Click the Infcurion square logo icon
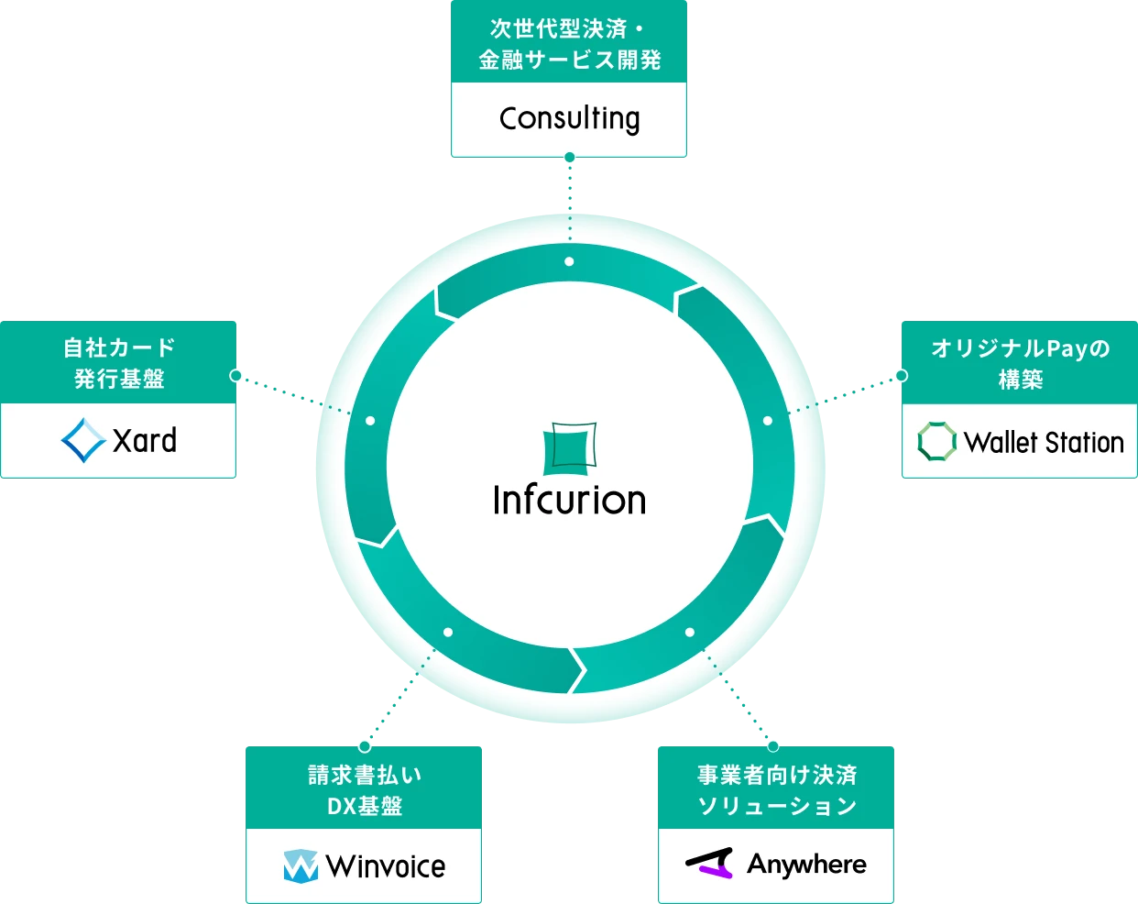(569, 448)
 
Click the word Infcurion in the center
(569, 501)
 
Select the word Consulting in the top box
(569, 119)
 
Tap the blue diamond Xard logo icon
(82, 441)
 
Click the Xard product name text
(145, 441)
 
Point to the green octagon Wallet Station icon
(936, 442)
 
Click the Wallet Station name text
(1044, 443)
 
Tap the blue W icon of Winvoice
(301, 866)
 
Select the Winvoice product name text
(386, 866)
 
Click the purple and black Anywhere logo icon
(710, 864)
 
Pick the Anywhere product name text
(806, 864)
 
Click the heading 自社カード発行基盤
(119, 363)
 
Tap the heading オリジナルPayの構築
(1020, 363)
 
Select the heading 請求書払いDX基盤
(364, 790)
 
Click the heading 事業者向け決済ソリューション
(776, 790)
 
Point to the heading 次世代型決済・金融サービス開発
(569, 44)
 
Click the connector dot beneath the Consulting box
(570, 158)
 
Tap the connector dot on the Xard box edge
(236, 376)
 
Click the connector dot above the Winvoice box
(365, 745)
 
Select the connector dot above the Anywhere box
(772, 745)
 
